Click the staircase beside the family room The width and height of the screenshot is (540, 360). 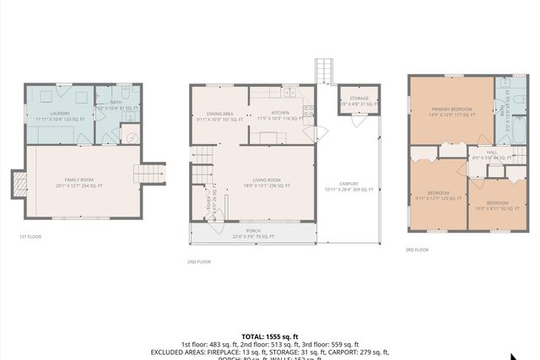point(148,173)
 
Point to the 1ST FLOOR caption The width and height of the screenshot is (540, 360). point(30,237)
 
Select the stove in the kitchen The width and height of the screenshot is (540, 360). point(309,109)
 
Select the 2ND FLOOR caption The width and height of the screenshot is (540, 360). point(199,262)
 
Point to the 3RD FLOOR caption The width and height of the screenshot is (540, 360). point(417,250)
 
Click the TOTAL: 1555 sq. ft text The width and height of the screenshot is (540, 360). point(269,336)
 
